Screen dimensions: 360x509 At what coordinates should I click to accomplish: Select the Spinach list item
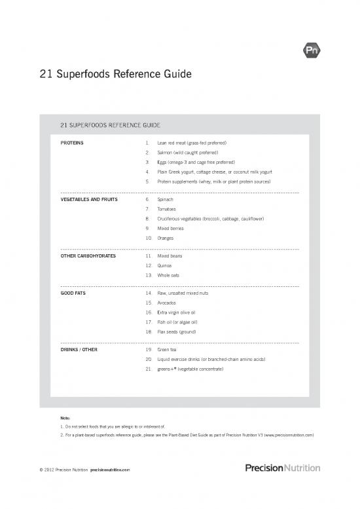(165, 198)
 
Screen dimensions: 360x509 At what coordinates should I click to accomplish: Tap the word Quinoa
(165, 266)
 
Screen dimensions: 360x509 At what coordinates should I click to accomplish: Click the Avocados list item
(168, 303)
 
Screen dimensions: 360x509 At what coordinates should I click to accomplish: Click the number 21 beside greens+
(149, 369)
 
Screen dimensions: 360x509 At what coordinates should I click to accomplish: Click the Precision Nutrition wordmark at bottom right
(282, 468)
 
